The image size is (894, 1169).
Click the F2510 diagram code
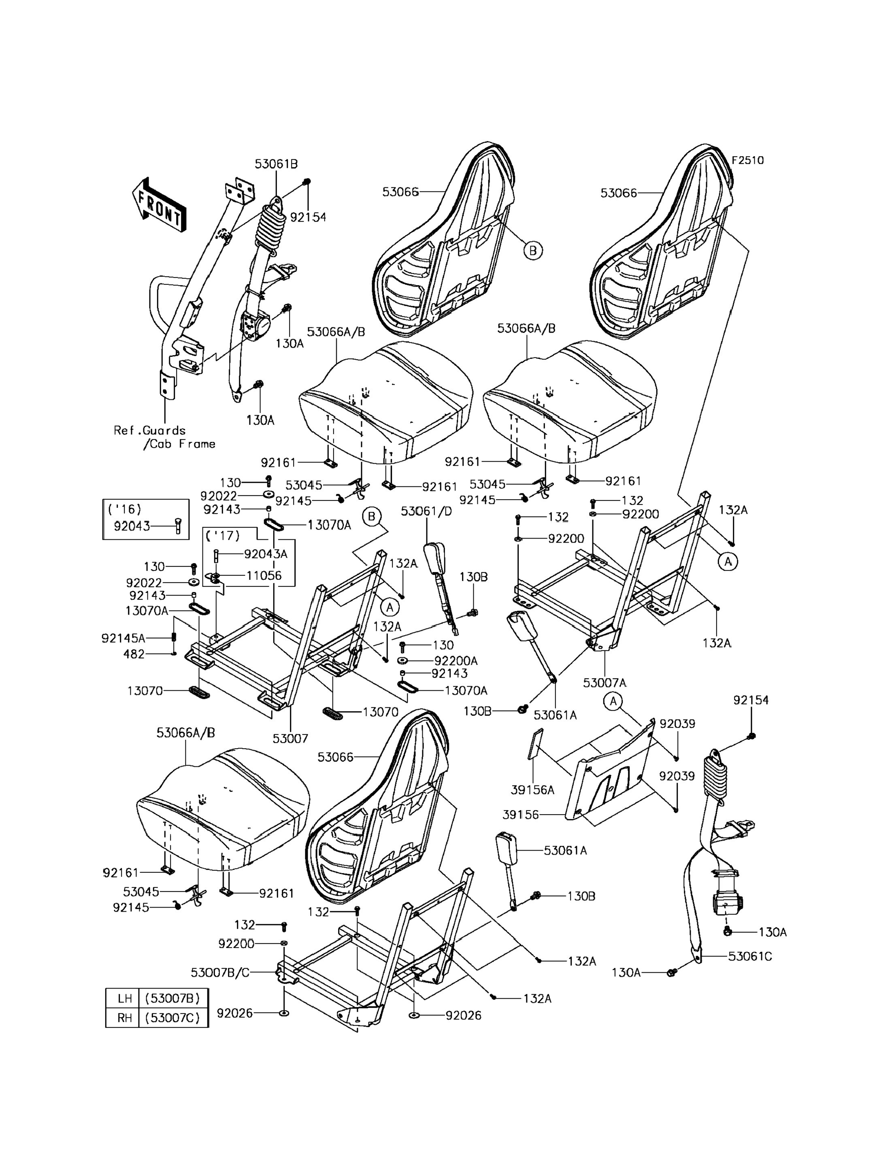pos(747,160)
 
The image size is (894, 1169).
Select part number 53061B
pos(276,164)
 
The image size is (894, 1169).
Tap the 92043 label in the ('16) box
pos(132,526)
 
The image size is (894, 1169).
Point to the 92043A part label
pos(266,554)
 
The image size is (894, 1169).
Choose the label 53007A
pos(605,683)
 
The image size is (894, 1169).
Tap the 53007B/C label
pos(220,973)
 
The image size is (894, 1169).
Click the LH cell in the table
pos(125,998)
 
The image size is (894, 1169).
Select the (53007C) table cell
pos(172,1017)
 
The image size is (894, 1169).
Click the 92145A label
pos(123,638)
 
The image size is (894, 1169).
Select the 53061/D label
pos(426,511)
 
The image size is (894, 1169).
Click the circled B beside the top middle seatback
pos(533,250)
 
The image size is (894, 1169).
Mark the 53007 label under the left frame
pos(291,738)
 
